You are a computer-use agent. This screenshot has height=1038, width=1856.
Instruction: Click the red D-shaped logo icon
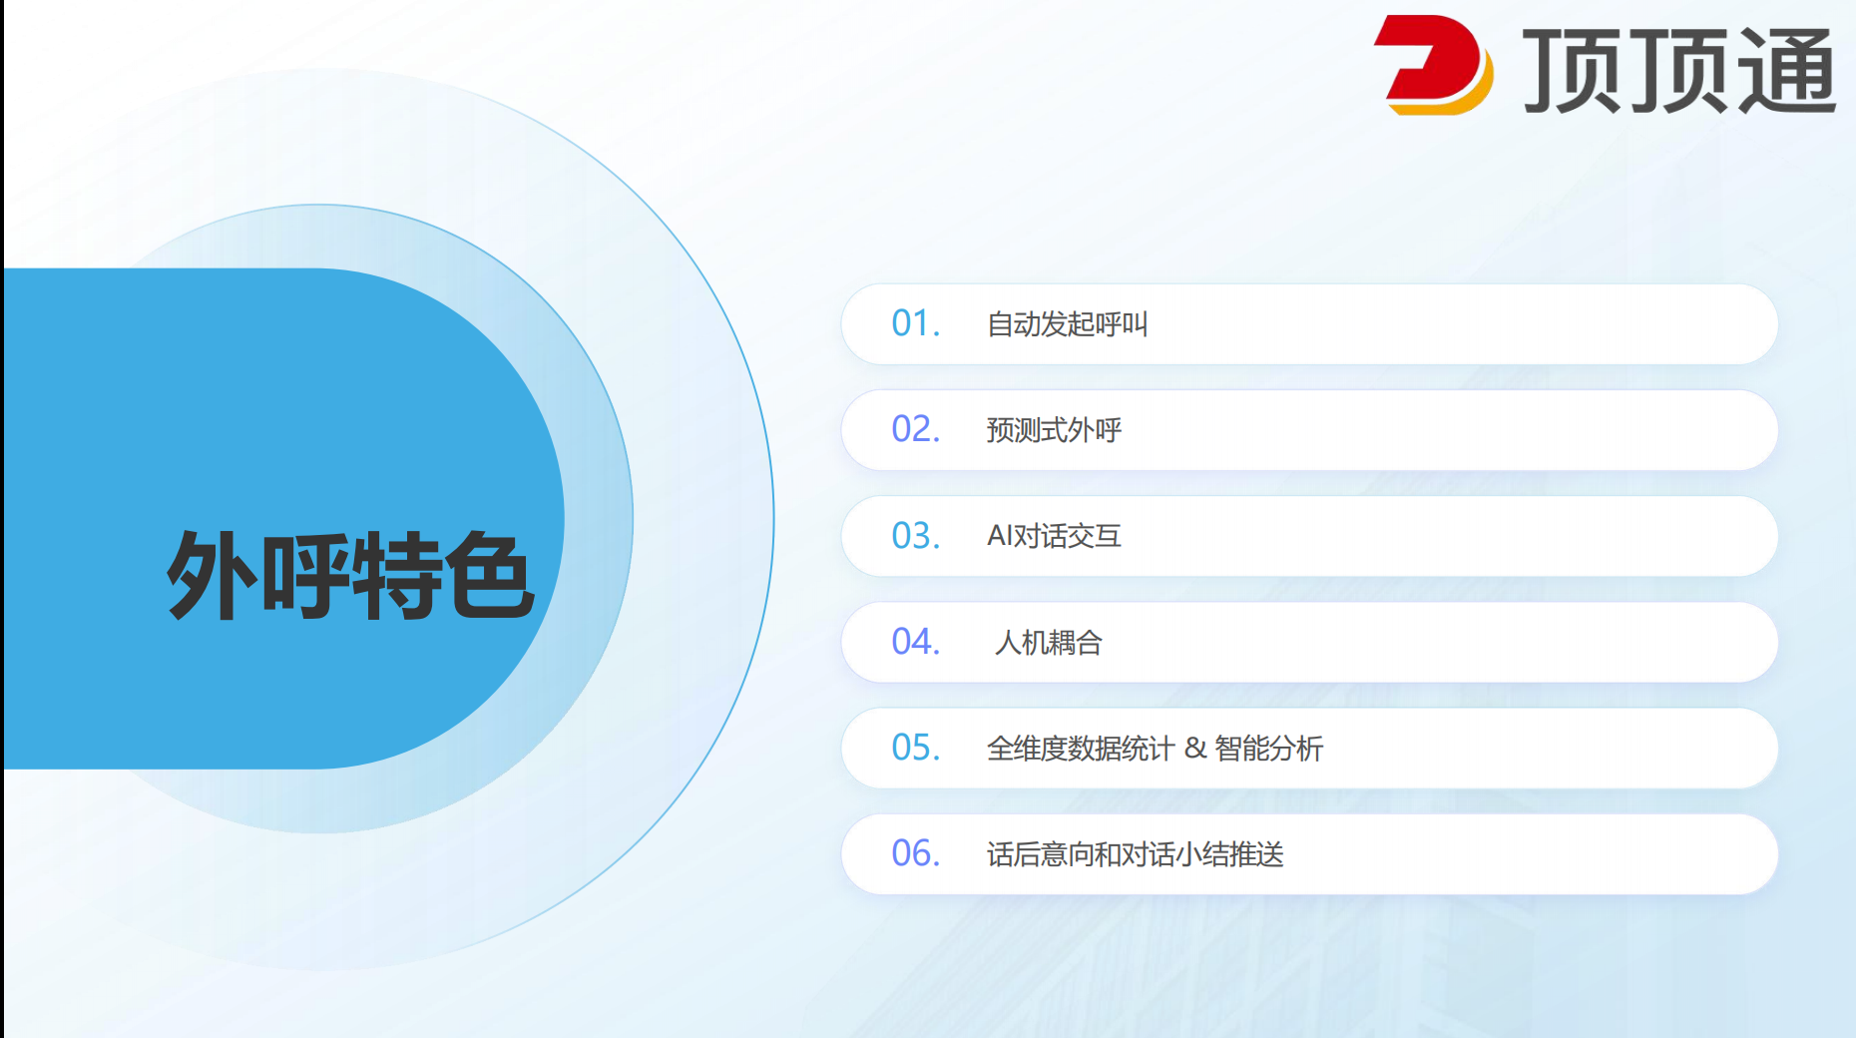(x=1433, y=65)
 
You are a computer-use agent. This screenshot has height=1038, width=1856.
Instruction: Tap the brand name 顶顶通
(x=1678, y=70)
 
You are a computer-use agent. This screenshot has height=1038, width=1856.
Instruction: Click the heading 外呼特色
(x=350, y=575)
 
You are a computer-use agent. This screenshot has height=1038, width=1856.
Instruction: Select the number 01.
(x=916, y=323)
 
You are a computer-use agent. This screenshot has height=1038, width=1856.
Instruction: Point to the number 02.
(x=916, y=429)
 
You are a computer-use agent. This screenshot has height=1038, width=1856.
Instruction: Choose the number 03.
(x=916, y=536)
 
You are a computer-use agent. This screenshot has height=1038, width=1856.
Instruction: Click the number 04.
(x=916, y=642)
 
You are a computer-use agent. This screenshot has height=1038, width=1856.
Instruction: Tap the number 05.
(x=916, y=748)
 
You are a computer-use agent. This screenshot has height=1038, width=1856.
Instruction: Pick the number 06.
(x=916, y=853)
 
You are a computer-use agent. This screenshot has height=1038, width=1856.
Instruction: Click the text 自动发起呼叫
(x=1068, y=324)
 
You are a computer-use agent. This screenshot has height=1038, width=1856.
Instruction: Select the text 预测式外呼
(x=1054, y=430)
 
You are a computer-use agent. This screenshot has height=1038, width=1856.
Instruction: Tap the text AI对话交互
(x=1054, y=536)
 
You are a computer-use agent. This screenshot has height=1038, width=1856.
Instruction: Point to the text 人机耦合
(x=1048, y=643)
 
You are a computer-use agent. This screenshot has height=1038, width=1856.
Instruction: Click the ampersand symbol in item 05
(x=1195, y=749)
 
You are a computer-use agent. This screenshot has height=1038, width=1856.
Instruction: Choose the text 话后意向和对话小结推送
(x=1136, y=854)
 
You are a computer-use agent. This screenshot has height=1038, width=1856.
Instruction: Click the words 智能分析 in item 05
(x=1269, y=749)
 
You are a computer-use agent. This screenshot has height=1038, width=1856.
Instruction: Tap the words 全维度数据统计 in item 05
(x=1081, y=749)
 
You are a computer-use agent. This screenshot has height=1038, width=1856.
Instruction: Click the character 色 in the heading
(x=490, y=575)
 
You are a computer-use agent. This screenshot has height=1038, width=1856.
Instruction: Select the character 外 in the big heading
(x=211, y=575)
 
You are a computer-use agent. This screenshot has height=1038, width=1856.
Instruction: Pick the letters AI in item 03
(x=1000, y=536)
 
